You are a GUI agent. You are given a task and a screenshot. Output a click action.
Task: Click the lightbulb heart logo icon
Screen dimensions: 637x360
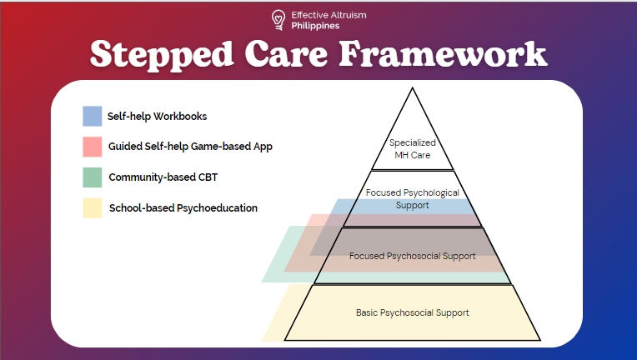click(278, 20)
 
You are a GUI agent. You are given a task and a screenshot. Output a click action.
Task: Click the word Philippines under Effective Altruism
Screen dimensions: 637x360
click(315, 26)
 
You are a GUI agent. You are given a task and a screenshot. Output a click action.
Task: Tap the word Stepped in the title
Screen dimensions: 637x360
click(161, 55)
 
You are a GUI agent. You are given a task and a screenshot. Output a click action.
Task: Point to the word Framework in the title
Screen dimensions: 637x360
click(444, 53)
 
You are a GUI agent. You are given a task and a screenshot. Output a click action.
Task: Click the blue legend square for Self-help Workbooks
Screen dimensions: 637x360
click(93, 116)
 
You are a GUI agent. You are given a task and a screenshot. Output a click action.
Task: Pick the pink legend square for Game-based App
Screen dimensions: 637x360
click(93, 147)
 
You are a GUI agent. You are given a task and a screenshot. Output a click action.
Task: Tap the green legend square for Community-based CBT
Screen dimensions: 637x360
click(93, 177)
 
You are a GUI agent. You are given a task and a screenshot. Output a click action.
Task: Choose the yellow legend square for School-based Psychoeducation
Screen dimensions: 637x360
click(93, 207)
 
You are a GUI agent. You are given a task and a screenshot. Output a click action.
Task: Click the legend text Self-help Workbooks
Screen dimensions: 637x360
click(158, 117)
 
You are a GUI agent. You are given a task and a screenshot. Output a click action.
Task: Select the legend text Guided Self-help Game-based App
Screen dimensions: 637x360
click(190, 147)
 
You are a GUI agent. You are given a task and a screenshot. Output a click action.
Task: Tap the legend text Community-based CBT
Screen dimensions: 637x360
click(163, 177)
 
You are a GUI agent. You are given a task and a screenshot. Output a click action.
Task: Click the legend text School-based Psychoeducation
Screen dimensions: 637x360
click(183, 208)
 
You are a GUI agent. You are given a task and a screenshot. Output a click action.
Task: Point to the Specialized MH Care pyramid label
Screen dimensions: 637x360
click(413, 149)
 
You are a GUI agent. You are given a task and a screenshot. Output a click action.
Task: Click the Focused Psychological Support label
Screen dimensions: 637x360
click(413, 199)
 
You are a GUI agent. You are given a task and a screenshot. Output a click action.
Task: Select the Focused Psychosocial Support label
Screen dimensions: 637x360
click(413, 256)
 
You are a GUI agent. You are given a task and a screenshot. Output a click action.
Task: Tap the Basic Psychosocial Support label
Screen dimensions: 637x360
click(413, 313)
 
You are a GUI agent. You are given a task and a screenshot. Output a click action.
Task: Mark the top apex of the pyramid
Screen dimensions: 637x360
click(413, 87)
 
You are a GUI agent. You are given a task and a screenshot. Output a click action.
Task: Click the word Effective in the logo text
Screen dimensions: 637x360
click(309, 15)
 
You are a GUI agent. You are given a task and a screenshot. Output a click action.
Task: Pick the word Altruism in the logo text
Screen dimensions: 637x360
click(349, 15)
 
